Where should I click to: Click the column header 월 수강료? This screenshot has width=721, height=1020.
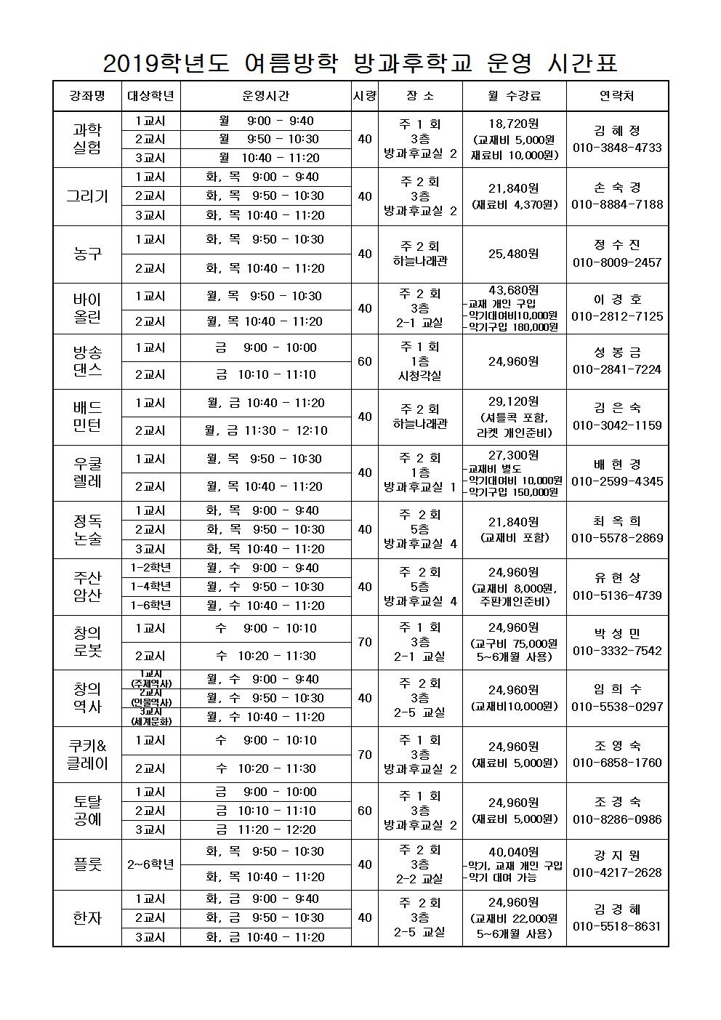514,96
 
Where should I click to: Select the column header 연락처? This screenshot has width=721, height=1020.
616,96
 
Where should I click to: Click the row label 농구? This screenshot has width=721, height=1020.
87,254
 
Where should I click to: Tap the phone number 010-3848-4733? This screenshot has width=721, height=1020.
617,148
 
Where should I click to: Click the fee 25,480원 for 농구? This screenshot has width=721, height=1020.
514,254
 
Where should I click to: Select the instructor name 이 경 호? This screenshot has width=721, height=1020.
617,300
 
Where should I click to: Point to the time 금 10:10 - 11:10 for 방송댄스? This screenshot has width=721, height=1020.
265,374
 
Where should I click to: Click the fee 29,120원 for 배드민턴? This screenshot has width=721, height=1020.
514,401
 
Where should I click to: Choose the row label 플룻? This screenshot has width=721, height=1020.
87,864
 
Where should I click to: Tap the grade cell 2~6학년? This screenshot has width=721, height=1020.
150,864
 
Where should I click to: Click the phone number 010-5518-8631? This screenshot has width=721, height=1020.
617,926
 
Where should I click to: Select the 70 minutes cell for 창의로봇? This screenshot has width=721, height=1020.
365,642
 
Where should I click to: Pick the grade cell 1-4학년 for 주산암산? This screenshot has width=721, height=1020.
150,586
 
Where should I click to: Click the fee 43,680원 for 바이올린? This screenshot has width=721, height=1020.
514,290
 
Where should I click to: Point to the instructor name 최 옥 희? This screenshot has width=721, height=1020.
617,521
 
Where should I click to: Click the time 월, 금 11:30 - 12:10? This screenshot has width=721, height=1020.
265,430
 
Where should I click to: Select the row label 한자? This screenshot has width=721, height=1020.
87,917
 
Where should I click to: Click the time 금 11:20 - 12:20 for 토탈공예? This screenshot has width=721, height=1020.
265,830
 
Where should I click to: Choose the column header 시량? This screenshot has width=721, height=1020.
365,96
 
